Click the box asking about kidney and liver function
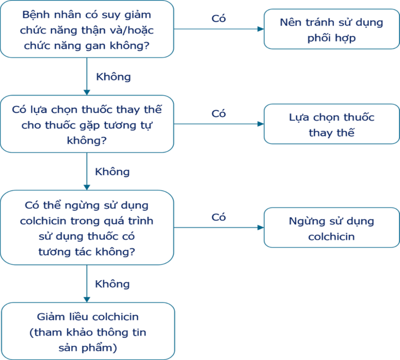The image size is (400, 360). click(x=87, y=29)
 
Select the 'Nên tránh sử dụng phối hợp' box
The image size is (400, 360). click(x=331, y=29)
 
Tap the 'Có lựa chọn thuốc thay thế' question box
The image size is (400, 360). click(x=87, y=124)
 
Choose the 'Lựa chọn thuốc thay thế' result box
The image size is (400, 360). click(x=331, y=124)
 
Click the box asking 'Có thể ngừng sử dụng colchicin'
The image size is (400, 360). click(x=87, y=227)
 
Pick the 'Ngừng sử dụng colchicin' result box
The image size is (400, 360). click(x=331, y=227)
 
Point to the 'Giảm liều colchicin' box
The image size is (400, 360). click(x=88, y=331)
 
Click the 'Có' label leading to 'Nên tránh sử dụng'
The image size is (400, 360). click(x=219, y=19)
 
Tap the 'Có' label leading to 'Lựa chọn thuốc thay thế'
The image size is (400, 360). click(x=219, y=114)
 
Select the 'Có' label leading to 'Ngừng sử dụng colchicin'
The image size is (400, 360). click(x=219, y=217)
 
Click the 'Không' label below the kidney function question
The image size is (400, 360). click(x=113, y=77)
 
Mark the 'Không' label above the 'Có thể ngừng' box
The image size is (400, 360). click(x=112, y=172)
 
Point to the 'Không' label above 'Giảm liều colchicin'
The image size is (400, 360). click(x=112, y=284)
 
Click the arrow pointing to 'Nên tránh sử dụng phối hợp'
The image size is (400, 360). click(x=219, y=29)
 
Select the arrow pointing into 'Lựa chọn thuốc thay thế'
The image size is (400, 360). click(x=219, y=124)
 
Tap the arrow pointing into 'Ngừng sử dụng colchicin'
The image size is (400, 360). click(x=219, y=227)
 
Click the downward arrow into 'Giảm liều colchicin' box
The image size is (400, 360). click(x=87, y=284)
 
